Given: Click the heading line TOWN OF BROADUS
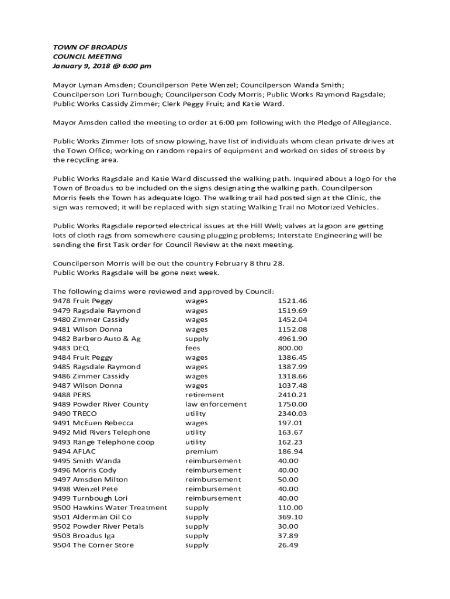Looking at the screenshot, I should click(90, 47).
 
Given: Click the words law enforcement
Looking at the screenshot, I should click(216, 404).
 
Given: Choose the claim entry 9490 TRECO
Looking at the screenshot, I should click(75, 414).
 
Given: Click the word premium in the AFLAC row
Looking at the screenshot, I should click(202, 452).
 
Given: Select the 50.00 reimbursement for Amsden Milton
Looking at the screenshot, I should click(288, 480).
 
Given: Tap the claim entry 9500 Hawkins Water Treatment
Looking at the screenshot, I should click(110, 508).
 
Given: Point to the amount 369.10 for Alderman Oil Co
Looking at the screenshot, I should click(290, 517).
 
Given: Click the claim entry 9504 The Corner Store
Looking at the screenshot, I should click(94, 545).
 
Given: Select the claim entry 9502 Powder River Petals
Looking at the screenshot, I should click(98, 526).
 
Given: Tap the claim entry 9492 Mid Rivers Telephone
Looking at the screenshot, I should click(102, 432).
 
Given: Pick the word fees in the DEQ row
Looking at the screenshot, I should click(193, 348).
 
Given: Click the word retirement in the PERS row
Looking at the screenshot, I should click(205, 395).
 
